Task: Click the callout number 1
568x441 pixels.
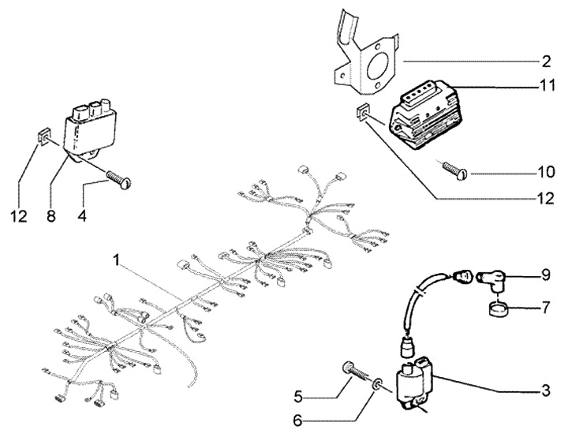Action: pyautogui.click(x=116, y=259)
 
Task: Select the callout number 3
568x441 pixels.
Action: pyautogui.click(x=546, y=391)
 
